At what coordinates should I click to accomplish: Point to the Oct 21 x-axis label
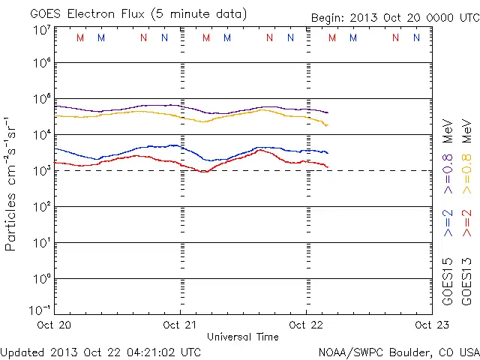(x=181, y=325)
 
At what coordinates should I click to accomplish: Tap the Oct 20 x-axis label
(x=54, y=325)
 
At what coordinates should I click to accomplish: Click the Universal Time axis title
(x=242, y=337)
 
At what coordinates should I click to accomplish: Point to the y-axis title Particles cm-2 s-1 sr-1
(x=13, y=183)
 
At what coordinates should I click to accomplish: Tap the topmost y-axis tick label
(x=42, y=31)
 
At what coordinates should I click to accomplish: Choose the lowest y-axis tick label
(x=40, y=309)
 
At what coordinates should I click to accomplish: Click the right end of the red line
(x=328, y=166)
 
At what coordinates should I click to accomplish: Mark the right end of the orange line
(x=327, y=124)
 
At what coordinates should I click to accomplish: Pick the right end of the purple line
(x=328, y=112)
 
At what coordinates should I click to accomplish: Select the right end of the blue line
(x=328, y=153)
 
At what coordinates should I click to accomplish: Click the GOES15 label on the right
(x=448, y=280)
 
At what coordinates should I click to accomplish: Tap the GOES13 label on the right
(x=466, y=280)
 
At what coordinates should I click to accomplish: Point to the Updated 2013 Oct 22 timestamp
(x=100, y=351)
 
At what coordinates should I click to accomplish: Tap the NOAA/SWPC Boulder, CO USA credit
(x=398, y=351)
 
